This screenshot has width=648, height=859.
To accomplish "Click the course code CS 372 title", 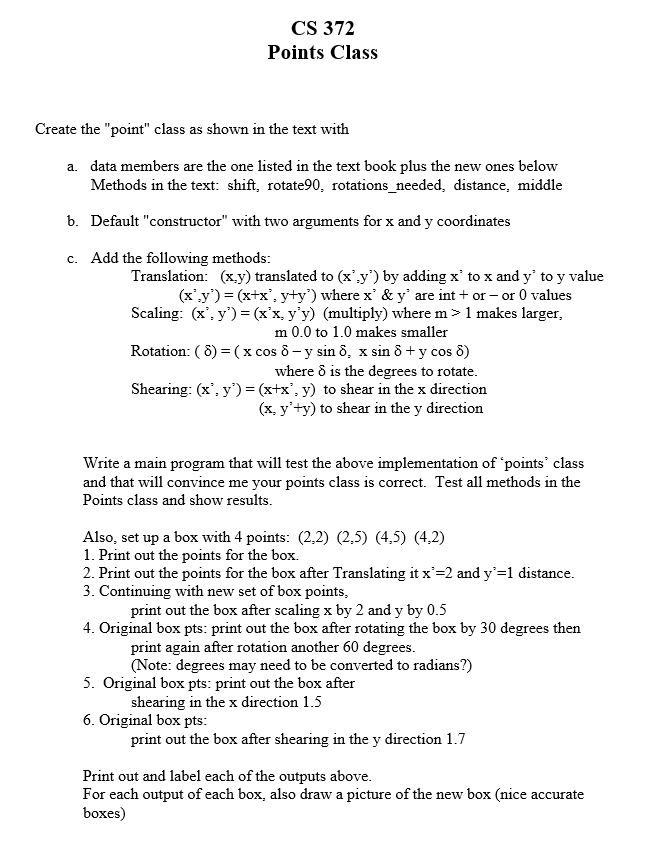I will click(x=323, y=29).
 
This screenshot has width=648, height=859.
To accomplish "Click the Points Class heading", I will click(x=323, y=52).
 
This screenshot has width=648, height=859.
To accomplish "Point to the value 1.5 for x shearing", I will click(x=313, y=702).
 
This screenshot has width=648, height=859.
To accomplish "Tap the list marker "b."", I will click(x=73, y=220).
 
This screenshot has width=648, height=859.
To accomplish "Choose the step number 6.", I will click(x=88, y=721).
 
